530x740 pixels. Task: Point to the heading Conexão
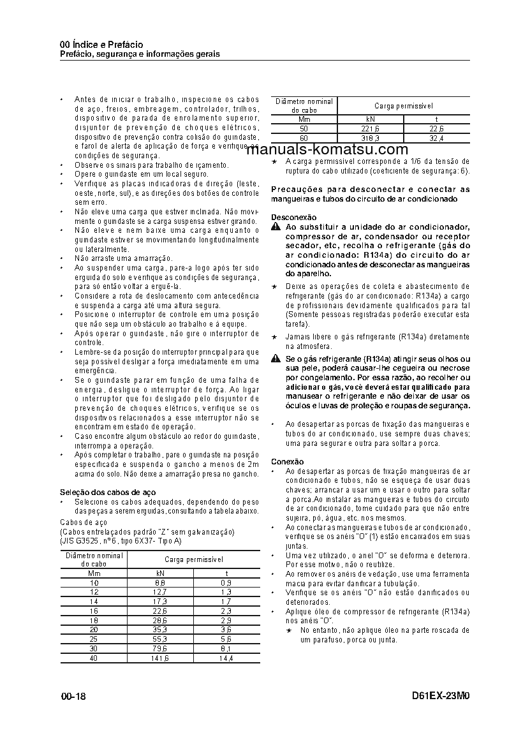tap(287, 461)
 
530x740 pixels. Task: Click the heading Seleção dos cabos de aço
tap(108, 492)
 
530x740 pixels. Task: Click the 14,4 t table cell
tap(226, 658)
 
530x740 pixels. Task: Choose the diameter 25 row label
tap(94, 639)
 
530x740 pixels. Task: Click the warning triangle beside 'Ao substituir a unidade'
tap(275, 228)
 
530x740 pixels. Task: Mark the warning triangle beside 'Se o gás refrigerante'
tap(275, 360)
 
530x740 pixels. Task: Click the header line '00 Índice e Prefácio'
tap(101, 45)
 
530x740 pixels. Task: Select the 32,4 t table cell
tap(437, 138)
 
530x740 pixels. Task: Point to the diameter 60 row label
tap(304, 138)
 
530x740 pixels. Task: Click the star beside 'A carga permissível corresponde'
tap(274, 162)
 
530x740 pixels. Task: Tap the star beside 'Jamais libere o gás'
tap(274, 336)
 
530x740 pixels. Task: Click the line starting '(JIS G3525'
tap(121, 541)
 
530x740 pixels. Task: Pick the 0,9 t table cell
tap(226, 583)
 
